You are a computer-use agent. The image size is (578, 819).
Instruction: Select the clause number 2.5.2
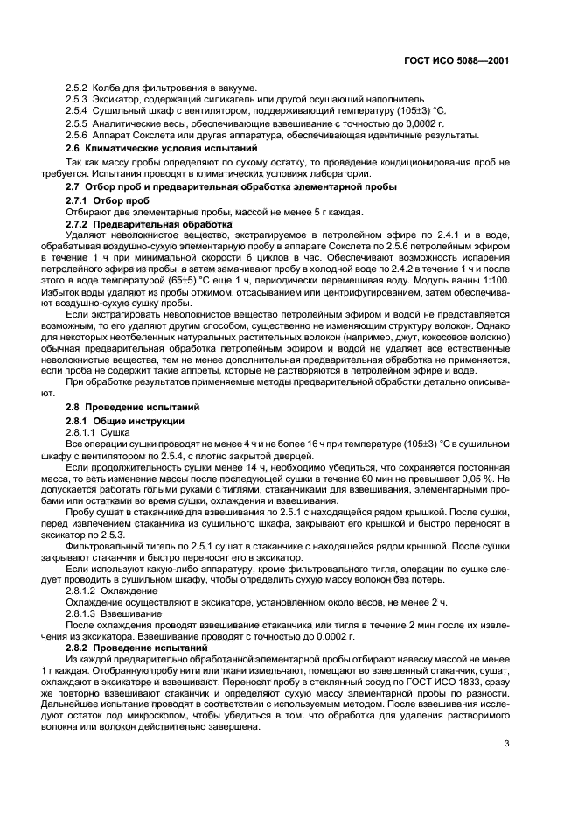tap(77, 88)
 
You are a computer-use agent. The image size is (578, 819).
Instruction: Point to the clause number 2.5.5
tap(77, 123)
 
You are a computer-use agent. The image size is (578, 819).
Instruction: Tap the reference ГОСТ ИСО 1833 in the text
tap(428, 682)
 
